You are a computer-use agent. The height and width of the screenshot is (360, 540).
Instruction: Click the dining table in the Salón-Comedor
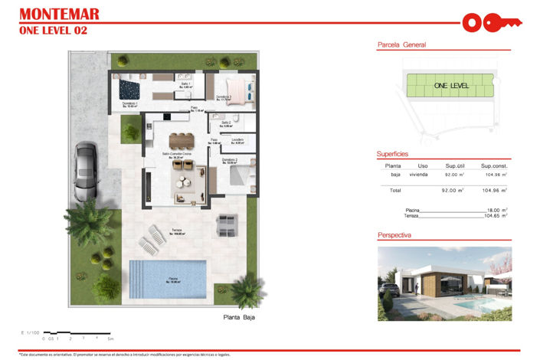(182, 140)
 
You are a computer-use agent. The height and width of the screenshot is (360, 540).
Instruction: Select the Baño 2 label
(226, 123)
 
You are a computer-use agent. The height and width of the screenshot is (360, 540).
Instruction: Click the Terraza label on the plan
(176, 231)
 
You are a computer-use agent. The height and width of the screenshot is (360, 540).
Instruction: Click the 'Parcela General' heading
(401, 45)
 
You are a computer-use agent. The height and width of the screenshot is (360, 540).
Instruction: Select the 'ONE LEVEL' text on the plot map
(450, 86)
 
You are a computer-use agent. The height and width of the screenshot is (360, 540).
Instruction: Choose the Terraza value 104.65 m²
(496, 216)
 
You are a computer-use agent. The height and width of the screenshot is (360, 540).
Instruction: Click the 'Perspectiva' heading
(395, 235)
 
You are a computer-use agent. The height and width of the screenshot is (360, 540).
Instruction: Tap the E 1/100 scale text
(31, 332)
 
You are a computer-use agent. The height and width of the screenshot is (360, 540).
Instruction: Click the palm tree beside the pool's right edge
(247, 290)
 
